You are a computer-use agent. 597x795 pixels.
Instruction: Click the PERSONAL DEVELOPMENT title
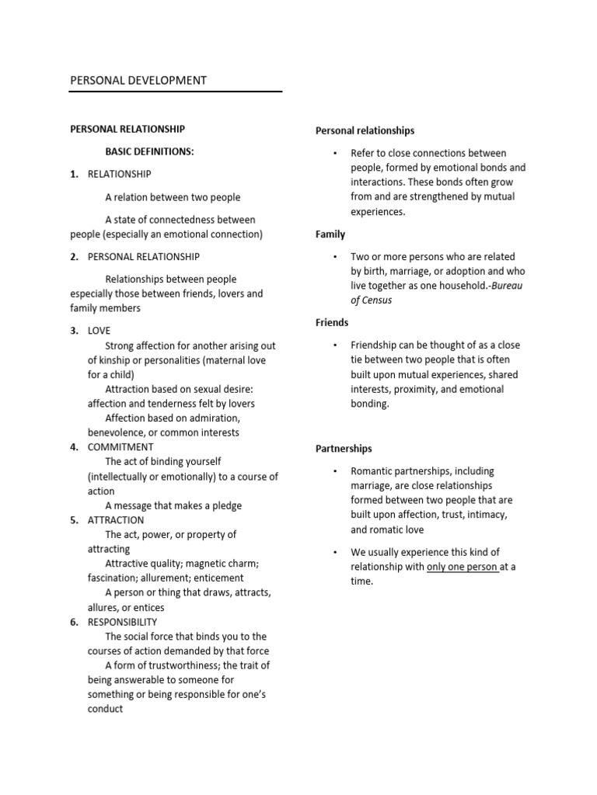138,80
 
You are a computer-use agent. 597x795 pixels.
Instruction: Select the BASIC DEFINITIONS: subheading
149,151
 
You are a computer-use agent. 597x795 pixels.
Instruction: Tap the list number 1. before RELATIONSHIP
75,175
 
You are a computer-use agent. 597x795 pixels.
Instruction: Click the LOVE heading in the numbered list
99,331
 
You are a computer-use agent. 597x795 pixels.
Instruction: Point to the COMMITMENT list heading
120,447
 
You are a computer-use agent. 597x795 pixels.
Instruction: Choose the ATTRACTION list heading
116,520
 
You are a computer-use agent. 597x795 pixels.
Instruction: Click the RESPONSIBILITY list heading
123,622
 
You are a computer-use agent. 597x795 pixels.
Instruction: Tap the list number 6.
75,622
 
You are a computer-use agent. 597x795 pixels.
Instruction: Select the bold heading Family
330,234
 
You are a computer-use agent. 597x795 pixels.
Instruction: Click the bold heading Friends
332,322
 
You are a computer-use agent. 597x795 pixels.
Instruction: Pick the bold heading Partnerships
344,449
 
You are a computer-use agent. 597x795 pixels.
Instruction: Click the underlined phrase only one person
462,567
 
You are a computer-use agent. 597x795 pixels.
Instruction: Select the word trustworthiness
176,666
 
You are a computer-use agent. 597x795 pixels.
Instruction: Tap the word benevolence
121,432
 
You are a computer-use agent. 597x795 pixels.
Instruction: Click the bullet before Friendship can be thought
333,345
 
